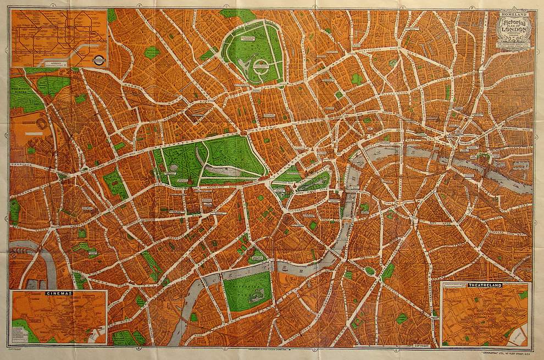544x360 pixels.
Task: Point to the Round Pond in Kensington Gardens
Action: tap(174, 168)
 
